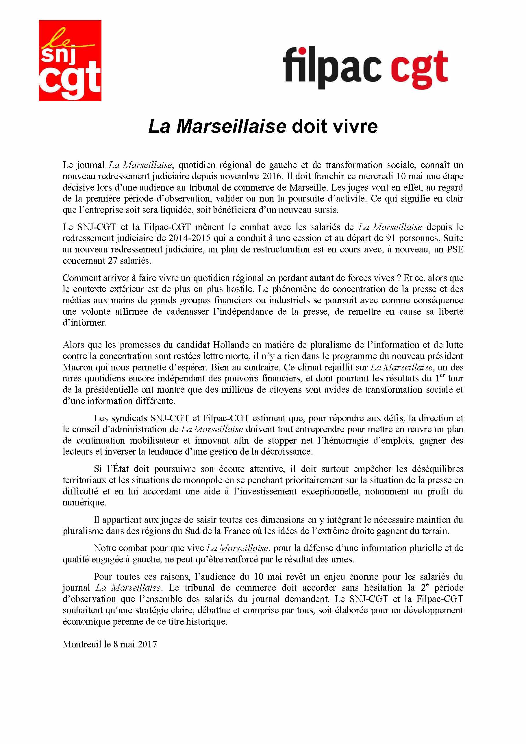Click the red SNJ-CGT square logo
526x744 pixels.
pos(70,61)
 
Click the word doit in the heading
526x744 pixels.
pos(307,126)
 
